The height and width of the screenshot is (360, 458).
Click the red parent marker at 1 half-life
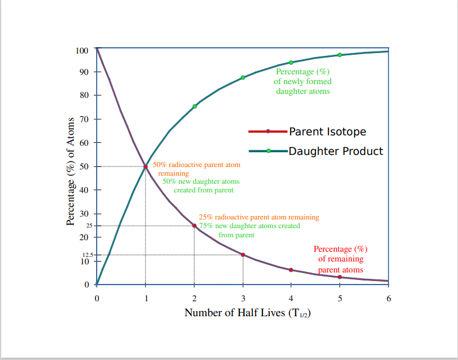146,166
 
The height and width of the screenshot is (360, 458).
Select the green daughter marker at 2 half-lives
194,107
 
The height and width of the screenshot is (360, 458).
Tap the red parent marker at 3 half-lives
243,255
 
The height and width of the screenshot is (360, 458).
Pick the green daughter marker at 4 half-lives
291,62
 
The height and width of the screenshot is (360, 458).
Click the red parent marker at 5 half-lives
339,277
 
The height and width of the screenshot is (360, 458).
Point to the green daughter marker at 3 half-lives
243,77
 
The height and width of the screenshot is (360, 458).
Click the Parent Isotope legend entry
307,131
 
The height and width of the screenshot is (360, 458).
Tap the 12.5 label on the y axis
87,254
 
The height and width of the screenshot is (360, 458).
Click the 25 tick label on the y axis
89,226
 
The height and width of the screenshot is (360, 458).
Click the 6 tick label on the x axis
388,298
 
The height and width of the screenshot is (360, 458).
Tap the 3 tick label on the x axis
243,298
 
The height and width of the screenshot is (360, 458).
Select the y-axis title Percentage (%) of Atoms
70,171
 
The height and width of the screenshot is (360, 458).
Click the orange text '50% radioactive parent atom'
196,165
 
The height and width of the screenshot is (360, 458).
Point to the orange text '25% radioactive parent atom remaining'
258,217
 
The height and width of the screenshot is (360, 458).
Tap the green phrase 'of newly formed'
303,82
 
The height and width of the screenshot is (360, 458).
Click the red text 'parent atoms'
341,270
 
